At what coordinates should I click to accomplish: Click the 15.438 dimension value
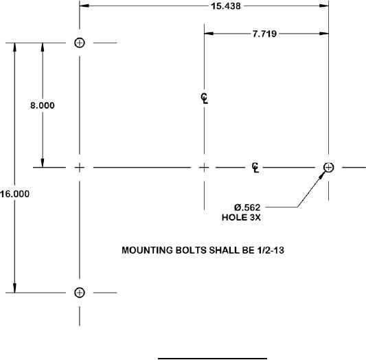226,6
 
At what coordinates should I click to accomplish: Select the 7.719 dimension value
264,34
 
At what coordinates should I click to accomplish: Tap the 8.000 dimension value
43,105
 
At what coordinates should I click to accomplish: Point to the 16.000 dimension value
14,194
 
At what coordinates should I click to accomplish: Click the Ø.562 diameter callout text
247,207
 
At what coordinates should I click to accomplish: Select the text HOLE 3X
241,217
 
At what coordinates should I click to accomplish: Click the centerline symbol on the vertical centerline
205,98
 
